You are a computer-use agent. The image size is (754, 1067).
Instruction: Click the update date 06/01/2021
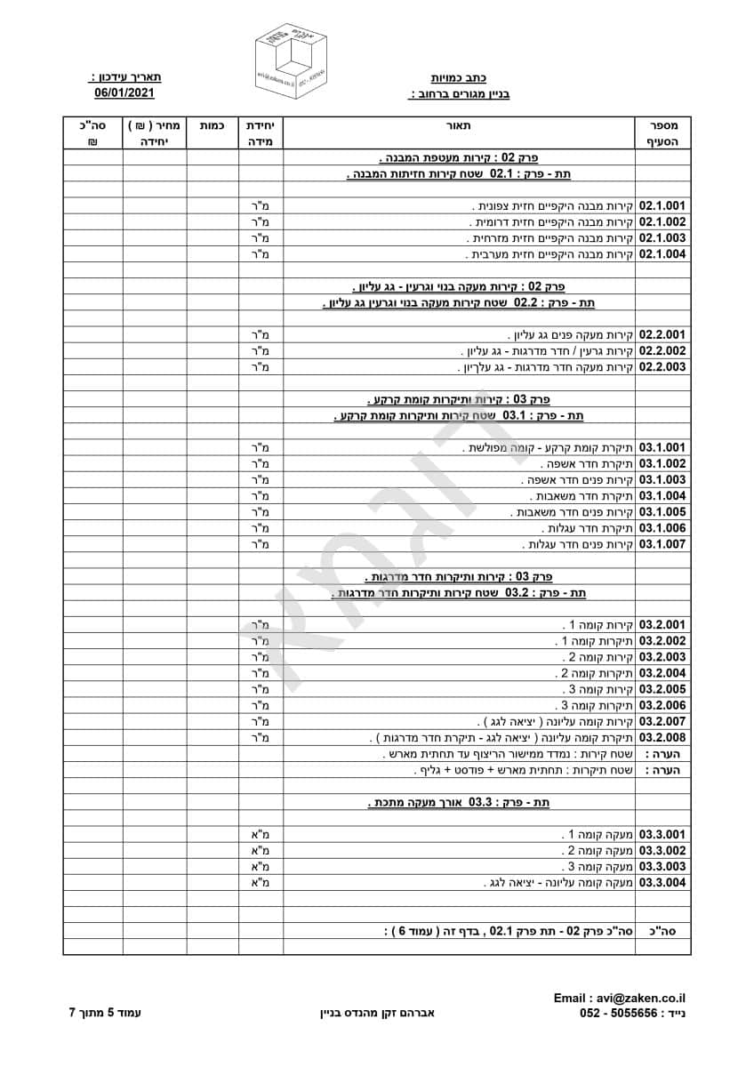tap(124, 92)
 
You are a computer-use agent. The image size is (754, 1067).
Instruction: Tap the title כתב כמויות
tap(459, 78)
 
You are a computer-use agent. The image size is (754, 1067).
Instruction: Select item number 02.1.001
tap(662, 205)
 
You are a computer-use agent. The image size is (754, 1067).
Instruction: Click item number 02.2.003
tap(662, 367)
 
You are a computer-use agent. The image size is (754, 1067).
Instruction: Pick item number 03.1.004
tap(662, 495)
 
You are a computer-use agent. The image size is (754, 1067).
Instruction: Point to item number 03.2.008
tap(662, 738)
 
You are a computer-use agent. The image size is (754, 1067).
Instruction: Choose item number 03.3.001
tap(662, 835)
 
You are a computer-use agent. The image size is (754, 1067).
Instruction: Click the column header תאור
tap(459, 125)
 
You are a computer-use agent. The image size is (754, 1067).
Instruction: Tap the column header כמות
tap(213, 125)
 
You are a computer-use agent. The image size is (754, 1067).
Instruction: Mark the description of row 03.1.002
tap(587, 463)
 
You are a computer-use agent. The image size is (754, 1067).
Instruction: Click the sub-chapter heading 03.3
tap(459, 802)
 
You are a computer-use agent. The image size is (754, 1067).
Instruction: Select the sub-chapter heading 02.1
tap(459, 174)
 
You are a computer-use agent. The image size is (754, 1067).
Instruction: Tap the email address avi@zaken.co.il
tap(626, 999)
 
